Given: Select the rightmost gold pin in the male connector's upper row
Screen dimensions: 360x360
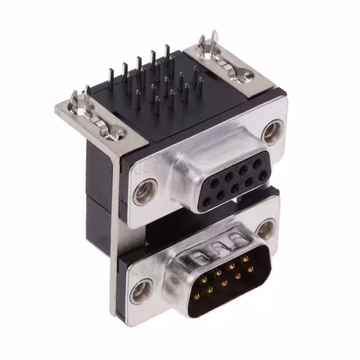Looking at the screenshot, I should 245,259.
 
